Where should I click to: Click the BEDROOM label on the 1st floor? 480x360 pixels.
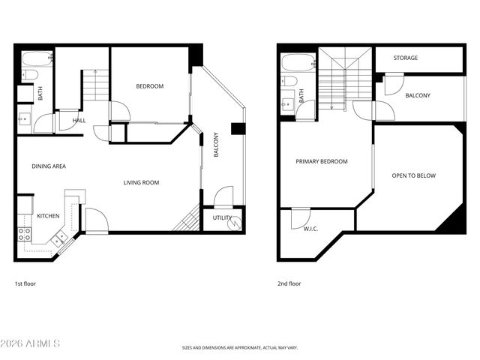[149, 86]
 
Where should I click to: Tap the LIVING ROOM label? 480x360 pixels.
[141, 182]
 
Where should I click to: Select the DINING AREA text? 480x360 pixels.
[49, 166]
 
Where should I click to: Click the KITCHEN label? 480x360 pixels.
[48, 216]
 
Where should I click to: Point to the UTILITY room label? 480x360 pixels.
[222, 217]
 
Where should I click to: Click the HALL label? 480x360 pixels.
[79, 120]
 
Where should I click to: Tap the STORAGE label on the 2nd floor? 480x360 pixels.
[406, 58]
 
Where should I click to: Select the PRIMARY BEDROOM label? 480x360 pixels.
[322, 161]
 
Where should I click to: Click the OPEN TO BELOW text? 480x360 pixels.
[413, 175]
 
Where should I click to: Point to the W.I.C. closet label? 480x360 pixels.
[311, 229]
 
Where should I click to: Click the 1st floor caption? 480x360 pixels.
[25, 283]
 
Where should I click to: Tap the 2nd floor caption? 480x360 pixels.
[289, 283]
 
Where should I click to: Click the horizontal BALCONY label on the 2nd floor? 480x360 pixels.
[418, 95]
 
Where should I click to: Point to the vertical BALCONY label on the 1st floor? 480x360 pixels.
[216, 144]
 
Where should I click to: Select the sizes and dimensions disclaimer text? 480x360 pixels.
[240, 348]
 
